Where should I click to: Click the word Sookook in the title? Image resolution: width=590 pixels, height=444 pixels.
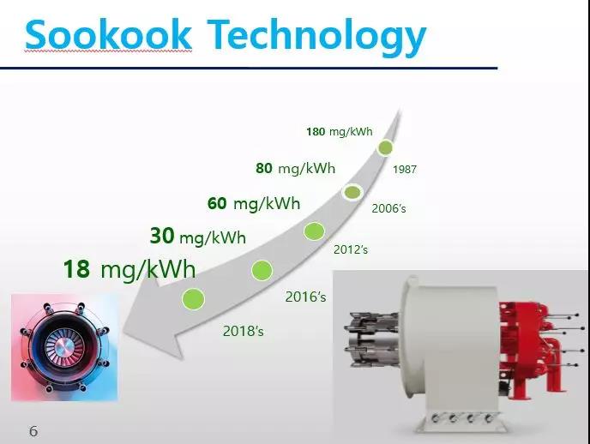pos(108,34)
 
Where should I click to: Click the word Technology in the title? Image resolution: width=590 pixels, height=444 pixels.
pos(316,37)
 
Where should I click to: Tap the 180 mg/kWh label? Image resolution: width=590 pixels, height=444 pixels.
pos(340,132)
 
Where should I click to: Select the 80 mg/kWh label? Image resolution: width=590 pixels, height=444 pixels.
pos(295,168)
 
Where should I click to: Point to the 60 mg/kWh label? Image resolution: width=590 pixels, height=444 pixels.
pos(254,203)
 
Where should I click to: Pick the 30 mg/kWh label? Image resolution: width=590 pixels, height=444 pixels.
pos(198,236)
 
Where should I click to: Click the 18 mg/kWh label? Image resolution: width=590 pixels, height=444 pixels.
pos(129,269)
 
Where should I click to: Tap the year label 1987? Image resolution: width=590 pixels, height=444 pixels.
pos(405,169)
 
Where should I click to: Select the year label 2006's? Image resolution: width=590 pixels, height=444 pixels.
pos(388,208)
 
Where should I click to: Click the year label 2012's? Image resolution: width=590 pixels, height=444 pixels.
pos(350,249)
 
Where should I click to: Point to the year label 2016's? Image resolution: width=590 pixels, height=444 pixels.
pos(305,297)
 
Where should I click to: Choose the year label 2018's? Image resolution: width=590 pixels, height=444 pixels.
pos(243,331)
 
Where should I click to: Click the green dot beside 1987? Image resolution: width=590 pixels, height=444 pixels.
pos(385,147)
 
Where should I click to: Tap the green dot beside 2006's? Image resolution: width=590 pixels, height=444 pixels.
pos(352,193)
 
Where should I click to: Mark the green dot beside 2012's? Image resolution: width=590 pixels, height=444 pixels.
pos(314,231)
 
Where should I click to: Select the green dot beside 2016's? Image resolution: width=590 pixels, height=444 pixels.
pos(262,270)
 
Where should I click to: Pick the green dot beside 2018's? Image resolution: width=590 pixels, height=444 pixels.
pos(193,299)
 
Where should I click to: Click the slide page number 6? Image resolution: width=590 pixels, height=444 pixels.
pos(33,431)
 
